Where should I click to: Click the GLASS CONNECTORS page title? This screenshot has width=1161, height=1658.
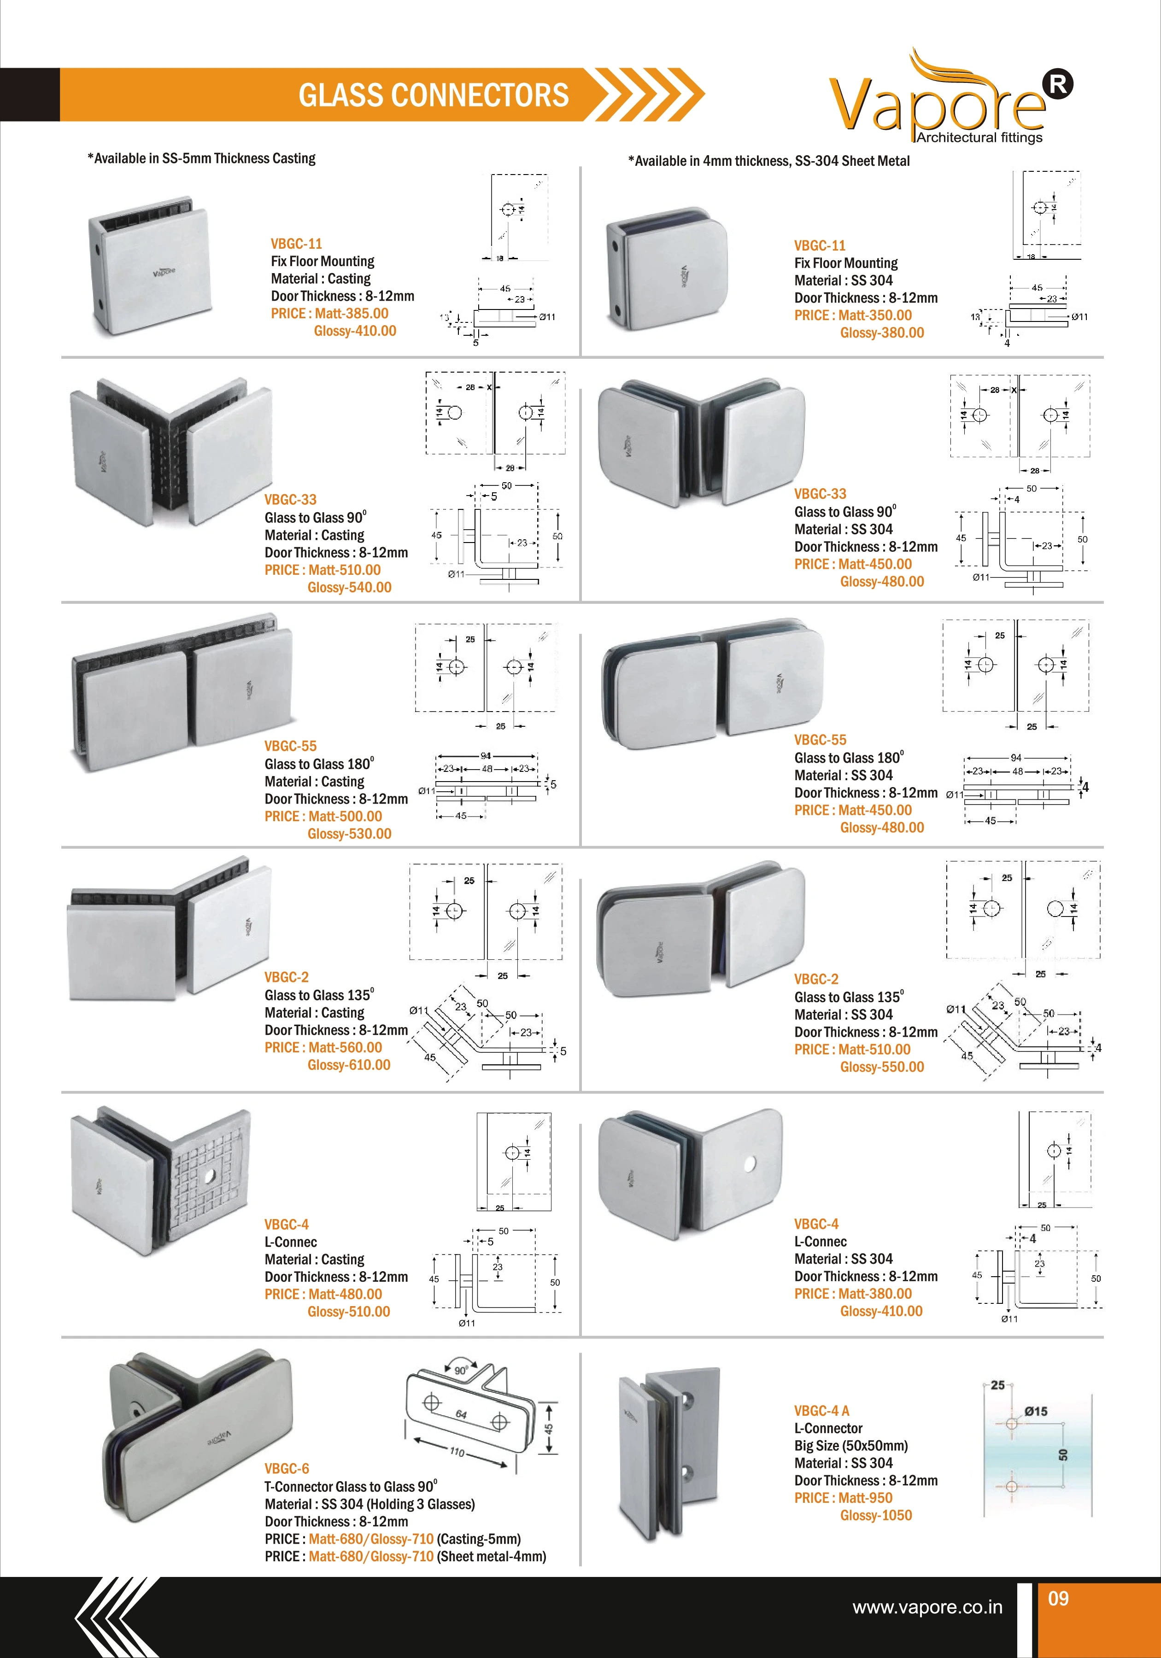434,95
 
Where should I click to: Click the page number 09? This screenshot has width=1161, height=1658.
1058,1599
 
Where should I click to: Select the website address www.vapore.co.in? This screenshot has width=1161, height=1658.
927,1607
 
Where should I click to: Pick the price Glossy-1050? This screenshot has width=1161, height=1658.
876,1516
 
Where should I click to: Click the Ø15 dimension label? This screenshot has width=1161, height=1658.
1035,1411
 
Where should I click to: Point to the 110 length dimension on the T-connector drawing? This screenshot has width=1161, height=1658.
457,1452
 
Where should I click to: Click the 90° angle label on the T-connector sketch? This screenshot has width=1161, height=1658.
461,1370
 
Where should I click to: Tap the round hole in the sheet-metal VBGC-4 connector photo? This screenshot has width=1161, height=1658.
749,1164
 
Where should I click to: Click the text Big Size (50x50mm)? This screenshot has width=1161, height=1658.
851,1446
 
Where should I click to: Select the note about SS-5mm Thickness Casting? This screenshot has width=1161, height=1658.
202,158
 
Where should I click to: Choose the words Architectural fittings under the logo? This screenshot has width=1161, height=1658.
979,137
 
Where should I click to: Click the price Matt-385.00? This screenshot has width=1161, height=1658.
351,313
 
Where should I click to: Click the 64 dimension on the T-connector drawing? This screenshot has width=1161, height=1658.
461,1414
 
